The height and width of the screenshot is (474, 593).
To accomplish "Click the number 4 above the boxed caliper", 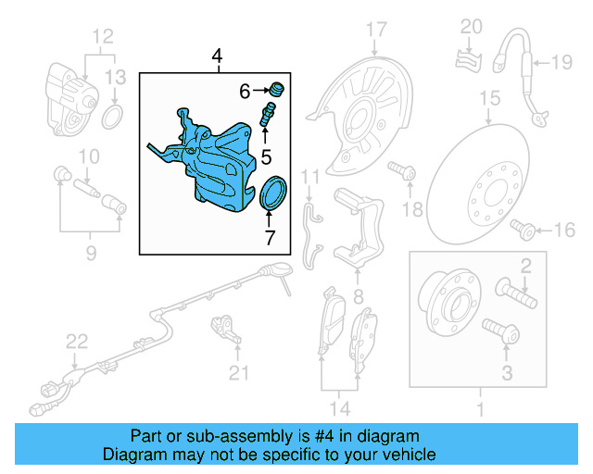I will [217, 58].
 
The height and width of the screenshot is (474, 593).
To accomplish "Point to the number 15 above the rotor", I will [489, 97].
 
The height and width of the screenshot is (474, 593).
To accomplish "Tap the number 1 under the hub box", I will [480, 408].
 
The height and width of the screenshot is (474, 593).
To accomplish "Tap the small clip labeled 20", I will [469, 60].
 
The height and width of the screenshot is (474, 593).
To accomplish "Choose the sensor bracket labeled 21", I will [224, 328].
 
